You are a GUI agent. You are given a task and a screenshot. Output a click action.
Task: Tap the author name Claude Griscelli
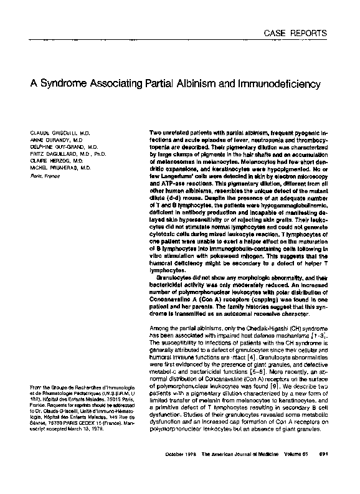(x=53, y=133)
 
